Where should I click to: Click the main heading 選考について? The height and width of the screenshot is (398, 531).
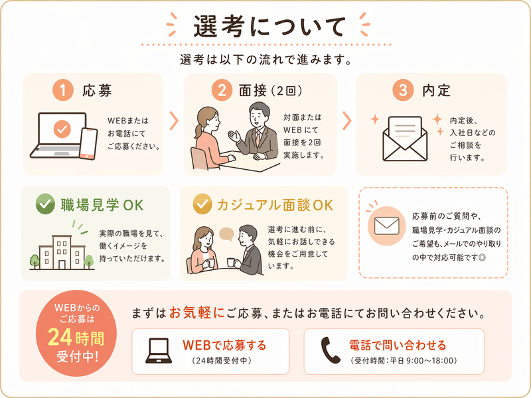[269, 27]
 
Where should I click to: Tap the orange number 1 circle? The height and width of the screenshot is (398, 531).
[63, 90]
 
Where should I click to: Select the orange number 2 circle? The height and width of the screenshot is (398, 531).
[222, 90]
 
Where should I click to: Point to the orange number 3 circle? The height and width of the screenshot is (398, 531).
[403, 90]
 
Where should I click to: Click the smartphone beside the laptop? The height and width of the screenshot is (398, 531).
[88, 144]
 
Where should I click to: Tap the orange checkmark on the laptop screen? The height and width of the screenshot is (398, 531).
[62, 129]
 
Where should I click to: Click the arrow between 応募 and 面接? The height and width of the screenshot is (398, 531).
[174, 121]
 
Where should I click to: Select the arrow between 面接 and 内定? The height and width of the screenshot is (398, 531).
[346, 121]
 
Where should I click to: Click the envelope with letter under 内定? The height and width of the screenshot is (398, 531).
[405, 139]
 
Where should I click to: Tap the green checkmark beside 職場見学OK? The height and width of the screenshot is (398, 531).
[45, 204]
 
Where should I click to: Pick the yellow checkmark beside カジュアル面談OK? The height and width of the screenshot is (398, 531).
[202, 204]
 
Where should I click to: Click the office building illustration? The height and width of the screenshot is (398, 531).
[62, 252]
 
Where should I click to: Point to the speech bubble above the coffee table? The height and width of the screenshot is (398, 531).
[226, 234]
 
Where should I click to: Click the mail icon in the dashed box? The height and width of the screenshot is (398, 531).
[387, 226]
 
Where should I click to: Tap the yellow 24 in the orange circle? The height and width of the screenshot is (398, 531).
[60, 337]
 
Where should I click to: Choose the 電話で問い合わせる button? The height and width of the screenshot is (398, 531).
[394, 352]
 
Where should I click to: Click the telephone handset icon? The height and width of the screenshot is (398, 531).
[330, 350]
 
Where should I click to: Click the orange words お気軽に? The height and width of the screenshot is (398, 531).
[196, 312]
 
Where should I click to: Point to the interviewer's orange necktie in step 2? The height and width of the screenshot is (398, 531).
[258, 138]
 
